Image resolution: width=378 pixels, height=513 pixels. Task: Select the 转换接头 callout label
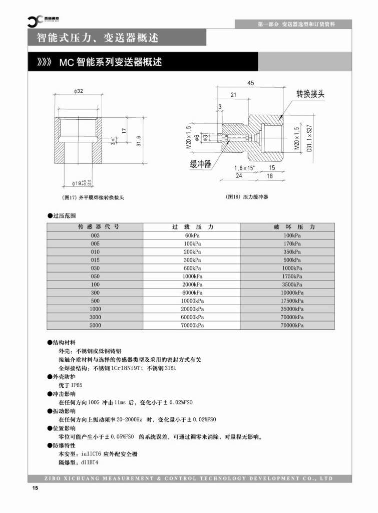pos(310,94)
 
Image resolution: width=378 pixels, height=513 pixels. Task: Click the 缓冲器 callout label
pos(200,164)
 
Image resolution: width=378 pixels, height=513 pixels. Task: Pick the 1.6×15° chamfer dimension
pos(244,168)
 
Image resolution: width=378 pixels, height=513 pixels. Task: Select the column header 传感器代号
pos(95,227)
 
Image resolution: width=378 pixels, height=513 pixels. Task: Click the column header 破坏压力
pos(292,227)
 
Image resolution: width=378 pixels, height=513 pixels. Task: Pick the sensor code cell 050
pos(95,276)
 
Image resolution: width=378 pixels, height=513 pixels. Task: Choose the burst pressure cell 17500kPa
pos(292,301)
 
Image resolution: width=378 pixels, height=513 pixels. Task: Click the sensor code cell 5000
pos(95,325)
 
